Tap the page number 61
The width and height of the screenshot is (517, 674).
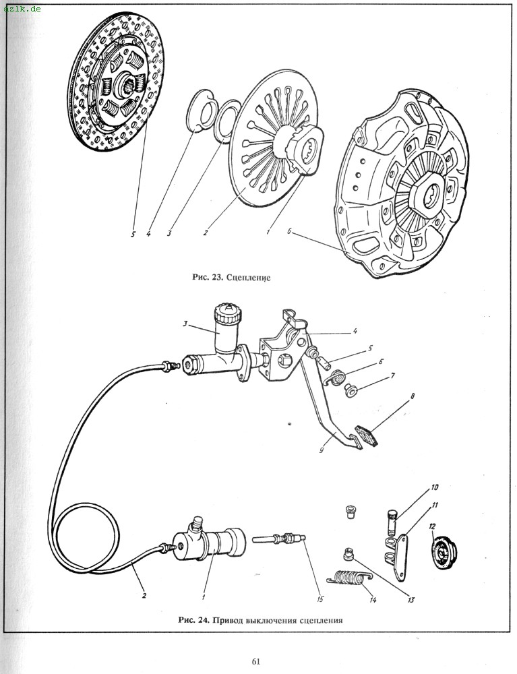[256, 661]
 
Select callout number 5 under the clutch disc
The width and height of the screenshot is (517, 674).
[133, 235]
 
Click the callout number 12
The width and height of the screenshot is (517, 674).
[433, 526]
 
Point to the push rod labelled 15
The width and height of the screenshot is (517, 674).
[278, 540]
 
